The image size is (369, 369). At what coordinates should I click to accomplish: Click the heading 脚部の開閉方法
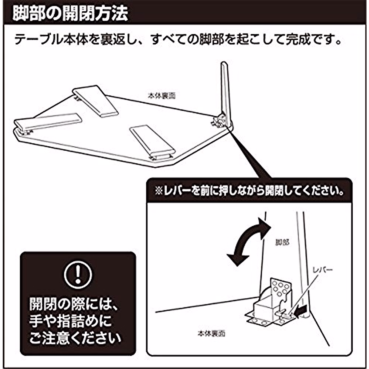pos(70,14)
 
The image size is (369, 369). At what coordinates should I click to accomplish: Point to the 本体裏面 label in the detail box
pos(211,333)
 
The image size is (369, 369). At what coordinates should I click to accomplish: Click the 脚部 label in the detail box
pos(282,242)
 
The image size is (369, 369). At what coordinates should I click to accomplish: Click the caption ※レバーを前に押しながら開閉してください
pos(249,192)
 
